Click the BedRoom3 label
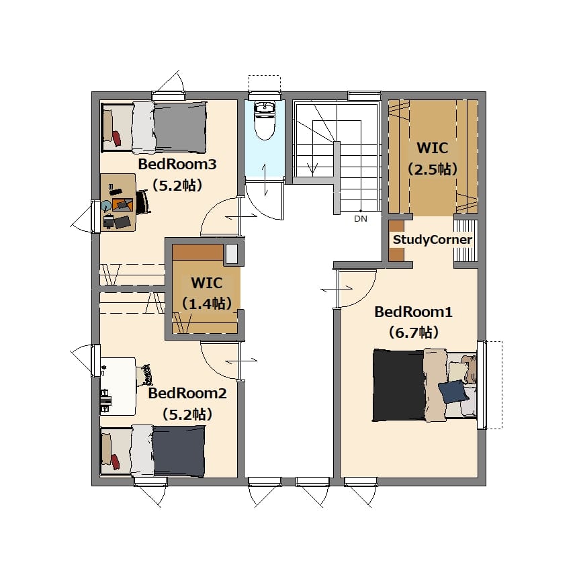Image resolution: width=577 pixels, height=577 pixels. coord(177,164)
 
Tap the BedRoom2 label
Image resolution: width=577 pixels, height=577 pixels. coord(187,394)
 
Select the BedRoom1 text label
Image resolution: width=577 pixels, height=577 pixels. coord(413,312)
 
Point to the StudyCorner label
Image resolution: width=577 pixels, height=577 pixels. coord(433,240)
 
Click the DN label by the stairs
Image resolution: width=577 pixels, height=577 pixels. coord(361,218)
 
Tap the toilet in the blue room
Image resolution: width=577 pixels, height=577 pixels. coord(265,120)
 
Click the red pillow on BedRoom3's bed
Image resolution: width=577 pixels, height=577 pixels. coord(116,138)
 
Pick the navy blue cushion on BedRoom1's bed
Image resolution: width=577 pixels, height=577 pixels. coord(453,391)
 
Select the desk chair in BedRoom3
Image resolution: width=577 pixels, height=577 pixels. coord(143,202)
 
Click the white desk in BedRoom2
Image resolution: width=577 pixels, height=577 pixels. coord(118,386)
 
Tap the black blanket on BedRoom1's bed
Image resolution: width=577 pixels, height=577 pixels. coord(399,385)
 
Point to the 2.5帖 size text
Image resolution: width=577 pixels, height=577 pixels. coord(433,169)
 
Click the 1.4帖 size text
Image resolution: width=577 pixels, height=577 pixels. coord(207,304)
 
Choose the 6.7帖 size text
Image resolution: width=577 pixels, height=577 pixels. coord(414,332)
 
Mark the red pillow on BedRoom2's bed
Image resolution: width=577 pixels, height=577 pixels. coord(115,462)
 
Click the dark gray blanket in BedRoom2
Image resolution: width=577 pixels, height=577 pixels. coord(179,451)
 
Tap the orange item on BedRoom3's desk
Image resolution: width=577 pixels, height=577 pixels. coord(122,204)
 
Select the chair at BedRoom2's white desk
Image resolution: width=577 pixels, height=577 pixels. coord(144,375)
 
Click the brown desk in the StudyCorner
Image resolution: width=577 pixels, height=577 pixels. coord(396,240)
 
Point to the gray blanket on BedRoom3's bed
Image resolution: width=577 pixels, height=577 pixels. coord(180,128)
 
